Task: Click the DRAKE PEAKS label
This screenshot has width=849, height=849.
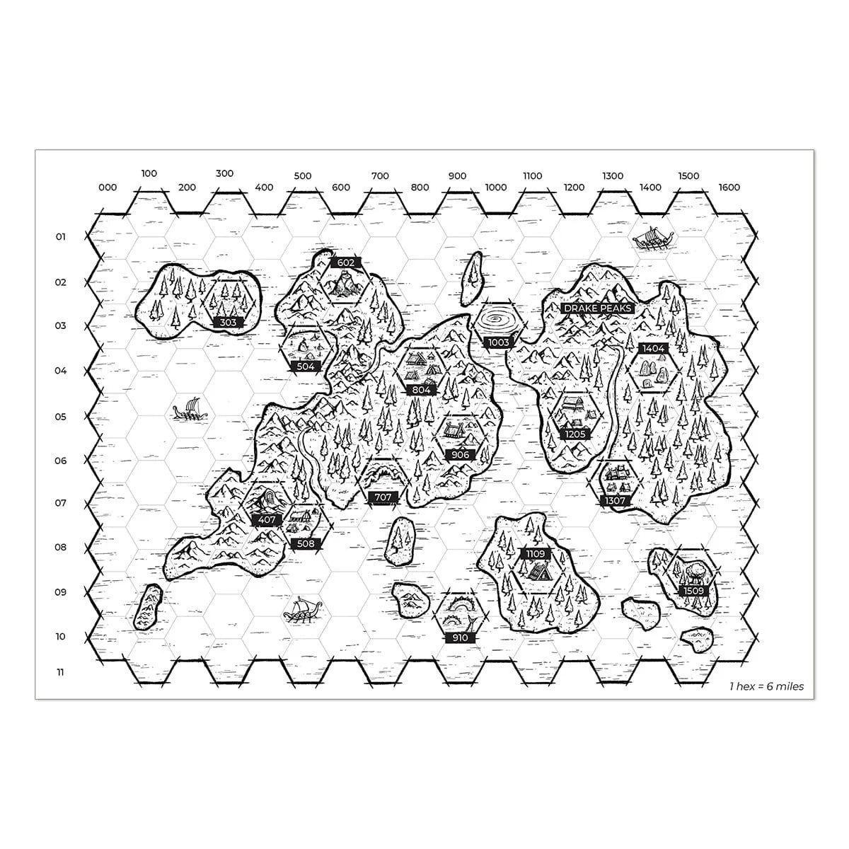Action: pyautogui.click(x=597, y=308)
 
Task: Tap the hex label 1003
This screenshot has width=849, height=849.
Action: pyautogui.click(x=498, y=342)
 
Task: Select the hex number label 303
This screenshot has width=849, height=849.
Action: pyautogui.click(x=229, y=323)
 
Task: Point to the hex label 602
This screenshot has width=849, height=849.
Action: pyautogui.click(x=346, y=263)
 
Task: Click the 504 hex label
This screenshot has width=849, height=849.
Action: pyautogui.click(x=306, y=366)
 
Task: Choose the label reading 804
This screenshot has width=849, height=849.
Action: pyautogui.click(x=421, y=390)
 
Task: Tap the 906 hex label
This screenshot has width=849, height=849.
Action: pyautogui.click(x=460, y=455)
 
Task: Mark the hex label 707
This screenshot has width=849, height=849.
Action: pyautogui.click(x=383, y=497)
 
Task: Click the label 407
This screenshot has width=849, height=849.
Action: pyautogui.click(x=267, y=520)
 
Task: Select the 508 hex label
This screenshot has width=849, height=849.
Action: pyautogui.click(x=306, y=543)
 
